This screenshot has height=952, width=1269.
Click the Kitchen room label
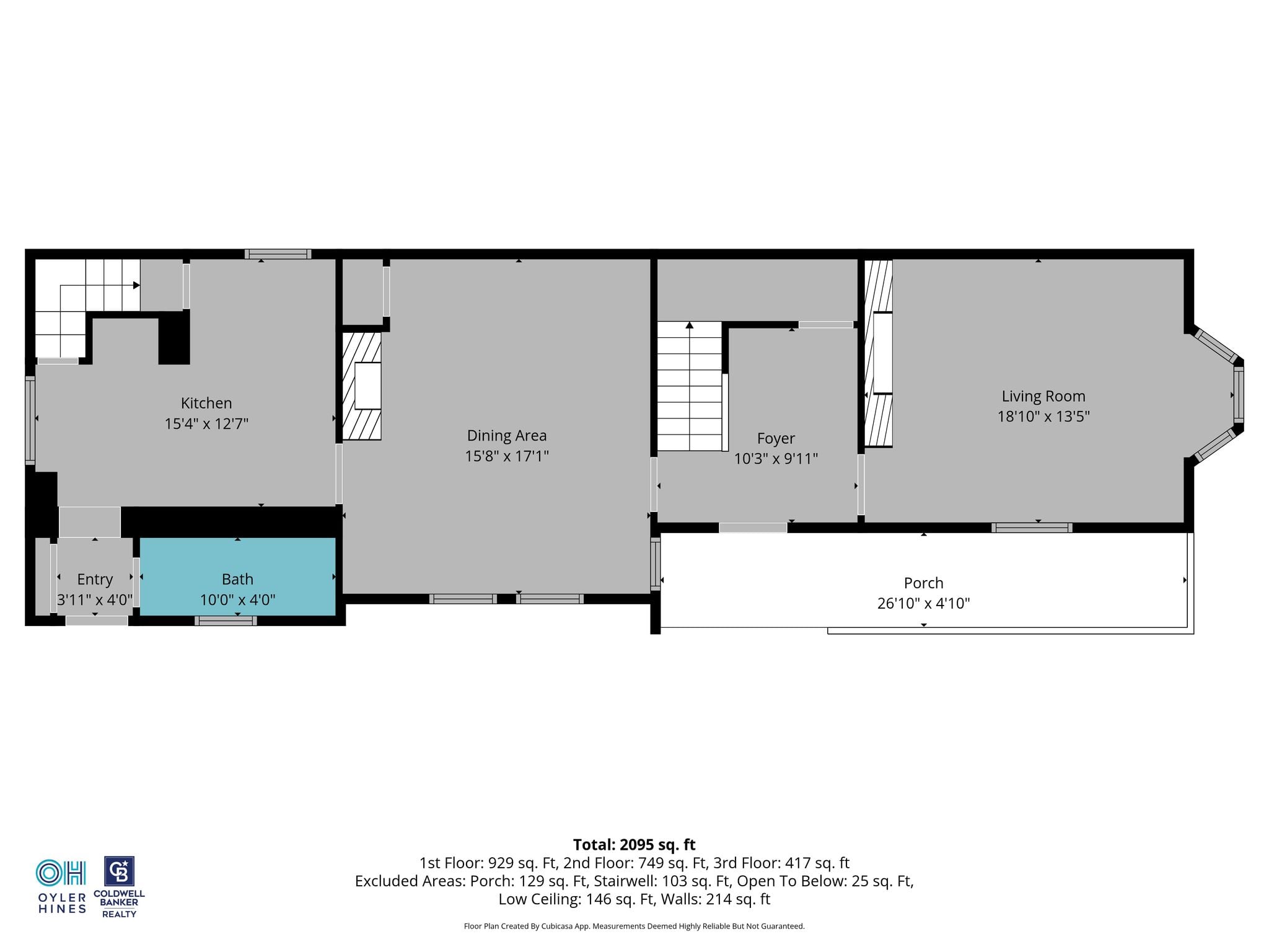[206, 403]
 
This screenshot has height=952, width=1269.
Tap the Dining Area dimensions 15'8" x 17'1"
[507, 456]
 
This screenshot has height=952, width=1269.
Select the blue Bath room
[237, 576]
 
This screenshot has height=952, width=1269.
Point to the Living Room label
[1043, 396]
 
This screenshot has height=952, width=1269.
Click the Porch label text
[923, 583]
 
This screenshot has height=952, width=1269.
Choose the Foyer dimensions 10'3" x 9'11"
[776, 459]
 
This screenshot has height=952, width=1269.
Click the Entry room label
[95, 580]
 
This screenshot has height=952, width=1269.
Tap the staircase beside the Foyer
[690, 386]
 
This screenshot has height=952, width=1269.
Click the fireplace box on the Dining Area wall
[367, 386]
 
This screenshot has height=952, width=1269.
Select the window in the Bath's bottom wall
[226, 620]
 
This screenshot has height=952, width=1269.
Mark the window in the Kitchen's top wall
[278, 254]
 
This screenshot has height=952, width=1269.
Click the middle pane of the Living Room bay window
[1239, 394]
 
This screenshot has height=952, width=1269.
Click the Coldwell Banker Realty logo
[119, 887]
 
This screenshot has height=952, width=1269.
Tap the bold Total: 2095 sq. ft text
[634, 845]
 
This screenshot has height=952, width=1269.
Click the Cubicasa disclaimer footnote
[634, 926]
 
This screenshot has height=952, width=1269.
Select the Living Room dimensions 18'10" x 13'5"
[1043, 416]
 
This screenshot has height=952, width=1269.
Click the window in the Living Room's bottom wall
[1032, 528]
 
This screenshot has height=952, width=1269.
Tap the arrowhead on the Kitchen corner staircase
[136, 285]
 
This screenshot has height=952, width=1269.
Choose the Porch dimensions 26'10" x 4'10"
[923, 603]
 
